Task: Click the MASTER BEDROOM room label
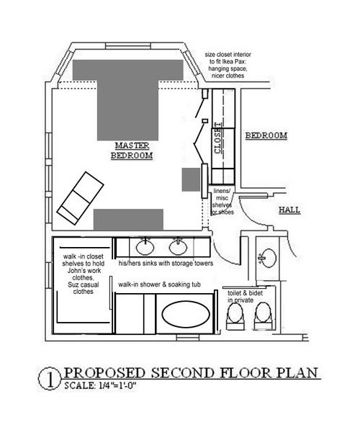click(x=132, y=151)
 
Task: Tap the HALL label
click(x=289, y=210)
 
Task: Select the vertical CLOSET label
click(x=219, y=138)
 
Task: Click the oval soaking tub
click(x=186, y=314)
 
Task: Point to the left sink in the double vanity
click(x=145, y=247)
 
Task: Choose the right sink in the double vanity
click(x=178, y=247)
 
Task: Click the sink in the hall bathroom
click(x=268, y=258)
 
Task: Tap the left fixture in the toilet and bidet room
click(x=235, y=317)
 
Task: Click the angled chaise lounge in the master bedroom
click(x=80, y=198)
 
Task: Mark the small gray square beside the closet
click(x=191, y=179)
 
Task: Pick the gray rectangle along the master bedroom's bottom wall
click(x=128, y=220)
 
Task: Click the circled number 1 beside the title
click(x=50, y=379)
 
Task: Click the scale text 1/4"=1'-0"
click(x=117, y=385)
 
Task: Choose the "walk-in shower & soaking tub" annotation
click(x=159, y=284)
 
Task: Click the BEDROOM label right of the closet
click(x=266, y=135)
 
